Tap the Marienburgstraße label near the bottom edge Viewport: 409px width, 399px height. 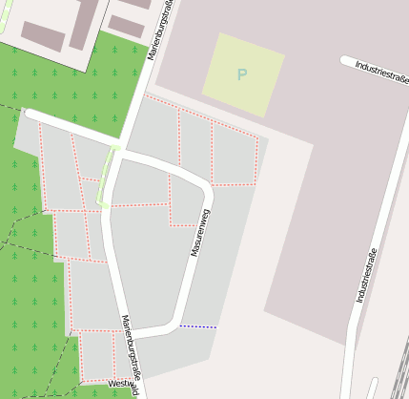pos(132,354)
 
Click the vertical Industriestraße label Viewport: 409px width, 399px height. pos(367,275)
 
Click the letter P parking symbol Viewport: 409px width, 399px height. pos(242,73)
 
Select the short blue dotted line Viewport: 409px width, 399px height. pos(198,326)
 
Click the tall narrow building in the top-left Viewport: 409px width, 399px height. pos(84,23)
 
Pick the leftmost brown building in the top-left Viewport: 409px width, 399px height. pos(43,36)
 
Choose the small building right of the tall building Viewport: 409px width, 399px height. pos(126,26)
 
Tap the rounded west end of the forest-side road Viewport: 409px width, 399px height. pos(30,114)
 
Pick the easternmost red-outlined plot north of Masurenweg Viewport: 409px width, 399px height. pos(235,156)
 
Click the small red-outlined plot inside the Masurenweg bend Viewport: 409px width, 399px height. pos(183,201)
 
